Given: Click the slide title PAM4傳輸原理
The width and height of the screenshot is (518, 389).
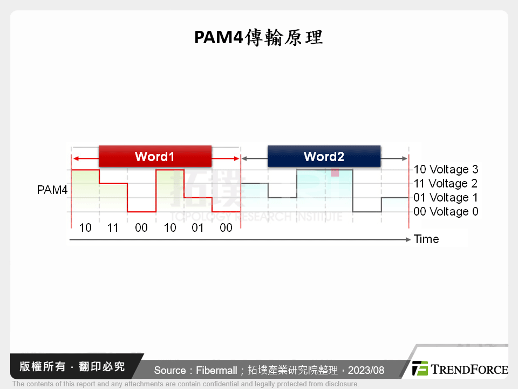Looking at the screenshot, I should [258, 38].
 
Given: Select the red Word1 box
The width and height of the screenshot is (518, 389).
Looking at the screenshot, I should [155, 157].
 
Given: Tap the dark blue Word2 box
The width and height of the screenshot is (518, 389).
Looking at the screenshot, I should [324, 157].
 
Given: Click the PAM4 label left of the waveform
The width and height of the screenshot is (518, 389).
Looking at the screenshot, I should [52, 190].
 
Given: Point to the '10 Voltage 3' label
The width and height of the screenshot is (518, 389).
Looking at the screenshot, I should [446, 170].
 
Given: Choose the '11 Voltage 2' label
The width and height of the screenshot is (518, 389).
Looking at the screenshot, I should [446, 184].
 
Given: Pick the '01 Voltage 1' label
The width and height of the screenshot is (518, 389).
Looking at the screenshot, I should [446, 198].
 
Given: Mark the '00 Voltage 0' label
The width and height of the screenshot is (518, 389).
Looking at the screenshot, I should [446, 212].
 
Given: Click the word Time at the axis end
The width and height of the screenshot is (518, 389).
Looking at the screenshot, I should [426, 239].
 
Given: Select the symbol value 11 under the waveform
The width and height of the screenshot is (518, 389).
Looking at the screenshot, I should [113, 228].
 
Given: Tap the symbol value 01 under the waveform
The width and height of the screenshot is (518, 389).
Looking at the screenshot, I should [198, 228].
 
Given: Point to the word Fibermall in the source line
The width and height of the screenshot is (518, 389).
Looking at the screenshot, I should [216, 370].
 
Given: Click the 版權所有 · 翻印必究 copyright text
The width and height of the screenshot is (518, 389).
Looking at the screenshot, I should [72, 367].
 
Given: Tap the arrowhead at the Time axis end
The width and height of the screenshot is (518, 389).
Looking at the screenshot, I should [408, 239].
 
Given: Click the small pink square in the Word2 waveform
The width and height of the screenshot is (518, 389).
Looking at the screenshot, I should [335, 172].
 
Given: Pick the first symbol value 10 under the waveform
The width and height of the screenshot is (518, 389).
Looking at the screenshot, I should [85, 228].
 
